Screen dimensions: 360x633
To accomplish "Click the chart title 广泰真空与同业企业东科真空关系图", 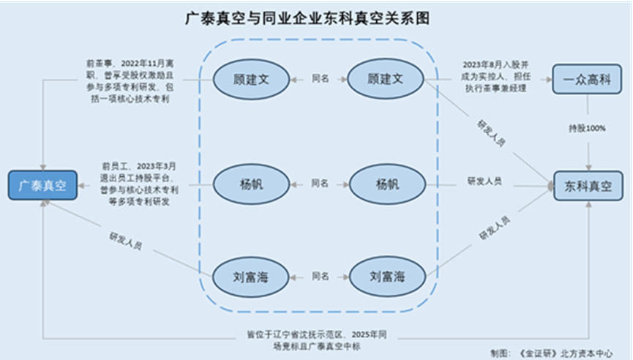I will point(316,18).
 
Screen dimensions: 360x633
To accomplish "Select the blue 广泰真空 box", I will point(42,185).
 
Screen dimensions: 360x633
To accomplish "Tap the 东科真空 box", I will point(588,185).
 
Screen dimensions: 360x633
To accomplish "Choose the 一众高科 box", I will point(588,78).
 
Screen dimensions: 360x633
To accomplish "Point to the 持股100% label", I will point(588,129).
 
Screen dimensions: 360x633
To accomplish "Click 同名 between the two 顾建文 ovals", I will point(320,78).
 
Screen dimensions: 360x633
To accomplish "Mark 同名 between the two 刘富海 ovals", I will point(320,277).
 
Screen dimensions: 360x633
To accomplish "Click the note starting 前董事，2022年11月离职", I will point(129,81).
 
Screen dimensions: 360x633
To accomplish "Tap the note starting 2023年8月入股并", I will point(492,77).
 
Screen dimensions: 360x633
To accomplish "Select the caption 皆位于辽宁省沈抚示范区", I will point(317,341).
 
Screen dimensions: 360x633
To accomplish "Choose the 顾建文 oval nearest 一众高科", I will point(386,78).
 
